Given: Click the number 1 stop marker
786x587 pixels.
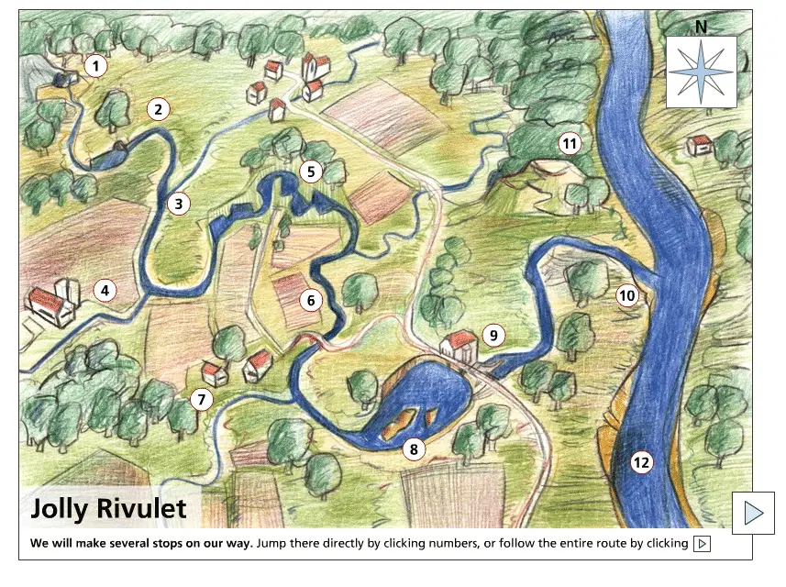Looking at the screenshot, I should [x=95, y=66].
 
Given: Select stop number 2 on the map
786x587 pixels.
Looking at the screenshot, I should [x=159, y=110].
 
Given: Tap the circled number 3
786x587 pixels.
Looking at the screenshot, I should [x=179, y=204].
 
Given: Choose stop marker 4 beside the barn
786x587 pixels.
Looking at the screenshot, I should [x=105, y=292].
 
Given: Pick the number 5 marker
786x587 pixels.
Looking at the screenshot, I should [x=311, y=171].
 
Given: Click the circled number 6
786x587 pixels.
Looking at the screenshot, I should [x=311, y=299].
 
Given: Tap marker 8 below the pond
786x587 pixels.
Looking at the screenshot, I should [x=414, y=449].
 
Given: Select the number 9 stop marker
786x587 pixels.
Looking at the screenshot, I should [x=493, y=336].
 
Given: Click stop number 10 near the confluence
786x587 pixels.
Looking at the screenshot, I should [x=626, y=295].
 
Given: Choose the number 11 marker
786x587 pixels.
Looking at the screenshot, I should [x=570, y=143].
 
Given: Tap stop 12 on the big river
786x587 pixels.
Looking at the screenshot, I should [x=641, y=462].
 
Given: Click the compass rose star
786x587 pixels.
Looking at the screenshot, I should [x=702, y=72].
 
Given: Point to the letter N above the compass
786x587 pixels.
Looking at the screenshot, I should [x=701, y=27].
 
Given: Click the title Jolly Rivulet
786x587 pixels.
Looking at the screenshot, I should [x=108, y=509].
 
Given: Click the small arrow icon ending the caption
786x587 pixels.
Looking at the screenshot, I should [x=703, y=544].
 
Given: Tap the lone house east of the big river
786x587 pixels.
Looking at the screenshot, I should [x=700, y=145].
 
